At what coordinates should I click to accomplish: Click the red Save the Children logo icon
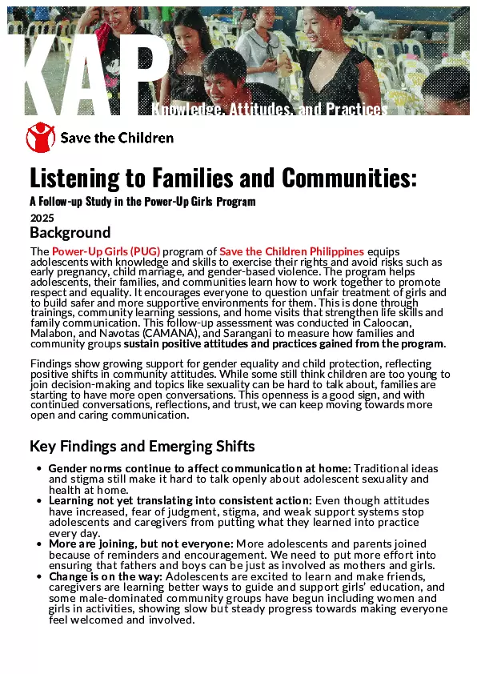click(x=42, y=138)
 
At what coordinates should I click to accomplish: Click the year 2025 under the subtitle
click(x=42, y=217)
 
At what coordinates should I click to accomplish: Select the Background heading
click(x=70, y=233)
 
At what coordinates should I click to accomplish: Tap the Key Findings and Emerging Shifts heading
click(x=142, y=447)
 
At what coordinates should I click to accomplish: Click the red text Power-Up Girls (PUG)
click(x=106, y=251)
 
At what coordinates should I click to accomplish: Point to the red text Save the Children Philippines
click(x=291, y=251)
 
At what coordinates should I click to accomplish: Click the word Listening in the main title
click(x=74, y=178)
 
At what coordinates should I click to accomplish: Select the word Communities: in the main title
click(x=344, y=178)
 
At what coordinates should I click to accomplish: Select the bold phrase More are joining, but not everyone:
click(x=141, y=544)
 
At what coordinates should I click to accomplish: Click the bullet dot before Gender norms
click(x=39, y=468)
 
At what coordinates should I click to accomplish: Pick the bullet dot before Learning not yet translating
click(x=39, y=500)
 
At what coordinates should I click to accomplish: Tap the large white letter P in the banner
click(x=144, y=72)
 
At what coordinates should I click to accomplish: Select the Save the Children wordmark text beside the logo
click(x=117, y=138)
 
